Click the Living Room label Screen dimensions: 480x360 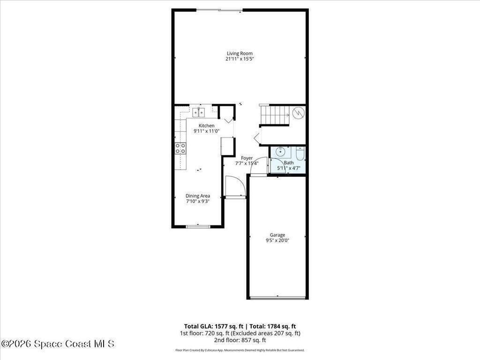click(240, 53)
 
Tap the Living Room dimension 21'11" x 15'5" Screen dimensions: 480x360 click(240, 59)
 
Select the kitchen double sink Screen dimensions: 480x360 click(199, 112)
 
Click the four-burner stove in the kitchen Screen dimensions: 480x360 click(180, 149)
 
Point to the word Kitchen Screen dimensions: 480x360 click(207, 126)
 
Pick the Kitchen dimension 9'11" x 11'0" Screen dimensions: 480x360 click(207, 131)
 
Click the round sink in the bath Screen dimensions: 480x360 click(280, 151)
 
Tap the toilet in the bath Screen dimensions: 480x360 click(300, 154)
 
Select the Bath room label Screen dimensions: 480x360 click(289, 163)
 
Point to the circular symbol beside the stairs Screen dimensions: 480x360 click(298, 113)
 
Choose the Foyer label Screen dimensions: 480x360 click(247, 158)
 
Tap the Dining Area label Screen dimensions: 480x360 click(198, 196)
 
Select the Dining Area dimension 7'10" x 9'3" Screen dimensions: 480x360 click(198, 202)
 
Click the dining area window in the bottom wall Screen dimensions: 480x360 click(198, 226)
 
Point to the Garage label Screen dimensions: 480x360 click(277, 235)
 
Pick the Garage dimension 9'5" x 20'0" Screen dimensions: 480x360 click(277, 240)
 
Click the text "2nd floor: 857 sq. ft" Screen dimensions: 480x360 click(240, 340)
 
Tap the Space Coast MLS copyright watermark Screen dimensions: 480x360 click(58, 344)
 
